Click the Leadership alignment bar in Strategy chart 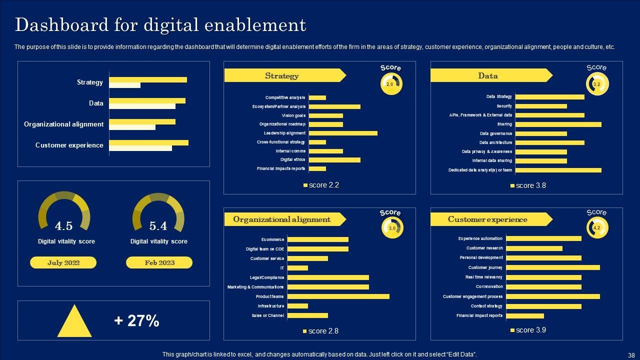click(343, 133)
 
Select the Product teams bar click(338, 296)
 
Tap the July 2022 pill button click(63, 262)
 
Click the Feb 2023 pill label click(159, 262)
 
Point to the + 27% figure click(136, 320)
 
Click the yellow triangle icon click(74, 321)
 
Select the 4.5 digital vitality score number click(63, 226)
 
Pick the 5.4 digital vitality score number click(158, 226)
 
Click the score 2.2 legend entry click(321, 185)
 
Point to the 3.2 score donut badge click(596, 84)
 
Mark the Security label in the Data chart click(504, 106)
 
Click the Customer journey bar click(552, 267)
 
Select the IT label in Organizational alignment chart click(282, 268)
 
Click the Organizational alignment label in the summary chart click(63, 124)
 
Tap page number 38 click(631, 354)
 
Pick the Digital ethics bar click(334, 160)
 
